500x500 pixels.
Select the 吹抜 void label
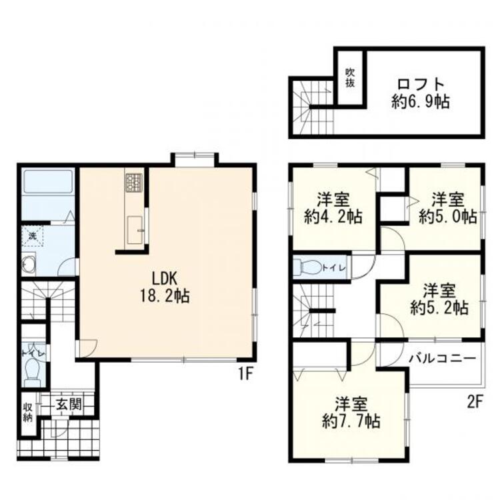pos(349,79)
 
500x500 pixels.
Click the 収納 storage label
pos(27,413)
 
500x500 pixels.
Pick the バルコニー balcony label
pos(442,358)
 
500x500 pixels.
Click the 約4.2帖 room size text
pos(334,217)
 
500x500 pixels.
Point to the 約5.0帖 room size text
pos(447,217)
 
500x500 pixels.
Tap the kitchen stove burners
pos(133,182)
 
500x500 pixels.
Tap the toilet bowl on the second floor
pos(311,267)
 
